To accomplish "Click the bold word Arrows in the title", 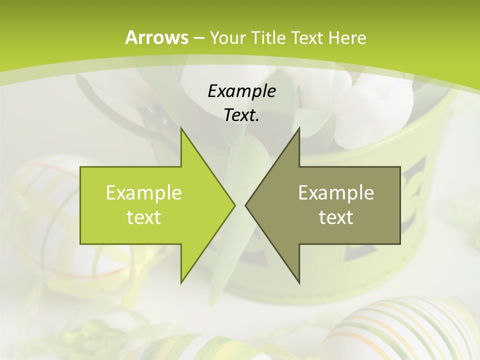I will click(156, 37).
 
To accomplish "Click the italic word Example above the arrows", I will click(241, 91).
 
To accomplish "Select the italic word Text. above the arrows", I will click(241, 115).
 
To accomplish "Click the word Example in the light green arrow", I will click(144, 192).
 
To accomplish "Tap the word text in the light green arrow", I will click(144, 217).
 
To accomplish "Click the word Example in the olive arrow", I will click(336, 192).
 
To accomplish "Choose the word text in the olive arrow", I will click(336, 217).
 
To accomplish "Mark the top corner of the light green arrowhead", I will click(181, 128).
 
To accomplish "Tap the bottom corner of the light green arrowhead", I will click(181, 282).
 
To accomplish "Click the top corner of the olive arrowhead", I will click(299, 128).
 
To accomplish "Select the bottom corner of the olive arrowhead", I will click(299, 282).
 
